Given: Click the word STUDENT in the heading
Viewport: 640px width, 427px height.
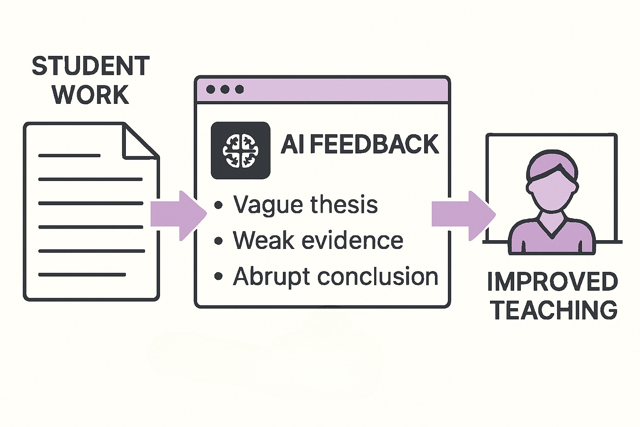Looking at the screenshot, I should tap(91, 66).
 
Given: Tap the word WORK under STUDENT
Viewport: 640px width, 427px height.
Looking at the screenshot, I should tap(90, 95).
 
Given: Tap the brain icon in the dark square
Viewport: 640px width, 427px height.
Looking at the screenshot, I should tap(240, 151).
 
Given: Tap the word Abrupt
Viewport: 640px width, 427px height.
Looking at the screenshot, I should tap(271, 277).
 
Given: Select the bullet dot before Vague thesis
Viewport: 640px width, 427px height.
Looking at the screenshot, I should tap(218, 205).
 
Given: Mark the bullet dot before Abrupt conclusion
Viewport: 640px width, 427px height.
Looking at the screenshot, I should tap(218, 277).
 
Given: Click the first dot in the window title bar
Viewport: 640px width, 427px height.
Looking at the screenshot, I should tap(211, 89).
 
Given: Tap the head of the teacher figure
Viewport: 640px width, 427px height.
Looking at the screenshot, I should tap(552, 179).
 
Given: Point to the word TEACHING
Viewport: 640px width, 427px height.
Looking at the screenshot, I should tap(554, 310).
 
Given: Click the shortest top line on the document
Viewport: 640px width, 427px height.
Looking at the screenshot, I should tap(69, 156).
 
